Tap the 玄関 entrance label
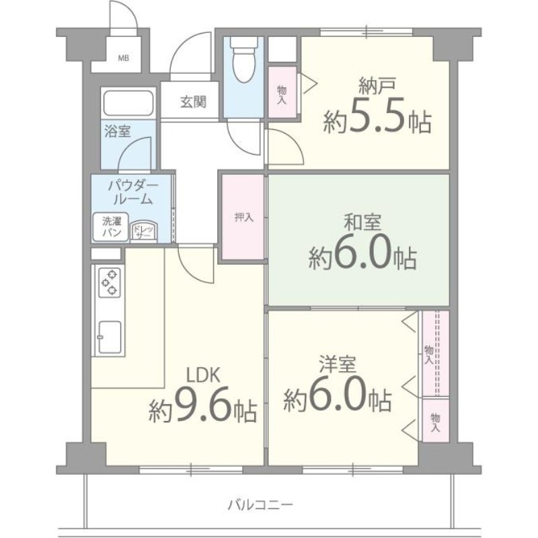192,103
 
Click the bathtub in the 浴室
129,103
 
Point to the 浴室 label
117,131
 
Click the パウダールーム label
132,192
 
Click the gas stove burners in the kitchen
110,282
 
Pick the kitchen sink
109,334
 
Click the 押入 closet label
243,217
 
